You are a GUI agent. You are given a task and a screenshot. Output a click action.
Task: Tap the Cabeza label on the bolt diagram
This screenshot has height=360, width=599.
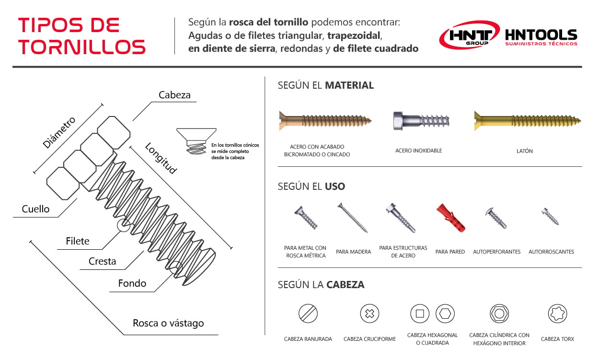click(174, 95)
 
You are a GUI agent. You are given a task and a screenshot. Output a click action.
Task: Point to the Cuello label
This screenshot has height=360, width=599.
click(35, 209)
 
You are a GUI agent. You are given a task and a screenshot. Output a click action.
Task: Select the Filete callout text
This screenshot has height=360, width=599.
click(78, 241)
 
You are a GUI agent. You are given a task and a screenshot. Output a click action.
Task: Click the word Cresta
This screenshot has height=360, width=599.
click(102, 261)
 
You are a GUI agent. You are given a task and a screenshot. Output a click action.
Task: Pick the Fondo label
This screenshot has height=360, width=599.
click(132, 283)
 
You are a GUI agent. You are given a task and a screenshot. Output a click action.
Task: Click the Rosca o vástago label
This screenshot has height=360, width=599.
click(168, 323)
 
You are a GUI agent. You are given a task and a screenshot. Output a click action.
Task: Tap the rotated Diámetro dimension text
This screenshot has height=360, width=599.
click(59, 132)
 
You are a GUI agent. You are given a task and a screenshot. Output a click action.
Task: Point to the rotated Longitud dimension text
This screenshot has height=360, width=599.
click(161, 158)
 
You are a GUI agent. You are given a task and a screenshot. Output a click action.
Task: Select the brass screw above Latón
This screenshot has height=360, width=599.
click(527, 120)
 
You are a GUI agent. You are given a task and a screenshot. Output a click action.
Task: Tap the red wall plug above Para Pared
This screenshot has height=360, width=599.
click(450, 218)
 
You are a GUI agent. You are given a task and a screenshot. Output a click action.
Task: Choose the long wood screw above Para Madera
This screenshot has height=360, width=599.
click(353, 218)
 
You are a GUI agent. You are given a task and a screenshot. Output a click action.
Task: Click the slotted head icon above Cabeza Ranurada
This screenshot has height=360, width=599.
click(308, 314)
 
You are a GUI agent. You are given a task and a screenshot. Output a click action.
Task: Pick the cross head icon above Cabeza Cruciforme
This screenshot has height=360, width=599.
click(369, 314)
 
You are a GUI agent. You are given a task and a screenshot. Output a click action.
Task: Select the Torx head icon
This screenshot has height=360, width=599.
click(557, 314)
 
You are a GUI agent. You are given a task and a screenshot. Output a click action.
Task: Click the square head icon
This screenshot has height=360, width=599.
click(420, 314)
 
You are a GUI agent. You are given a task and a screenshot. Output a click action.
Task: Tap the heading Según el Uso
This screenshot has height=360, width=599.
click(311, 186)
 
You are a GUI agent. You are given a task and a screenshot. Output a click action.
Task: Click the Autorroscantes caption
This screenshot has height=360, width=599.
click(551, 252)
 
